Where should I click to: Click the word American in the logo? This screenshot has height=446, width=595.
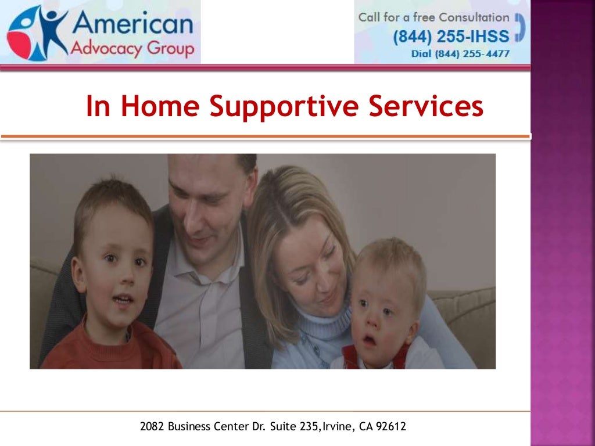click(133, 25)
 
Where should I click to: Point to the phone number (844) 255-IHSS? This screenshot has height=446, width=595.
click(451, 37)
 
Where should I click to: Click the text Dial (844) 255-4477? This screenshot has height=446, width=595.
click(460, 54)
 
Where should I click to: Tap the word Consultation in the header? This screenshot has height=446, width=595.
click(474, 17)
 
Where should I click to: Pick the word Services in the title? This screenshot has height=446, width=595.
click(425, 106)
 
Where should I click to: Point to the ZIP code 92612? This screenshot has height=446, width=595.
click(391, 427)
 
